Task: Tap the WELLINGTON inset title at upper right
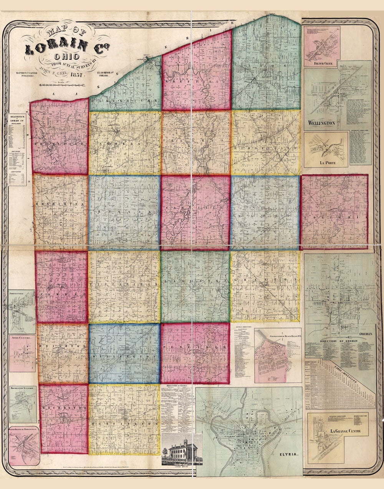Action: pos(321,123)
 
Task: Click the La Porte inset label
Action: pos(325,163)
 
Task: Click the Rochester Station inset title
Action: pos(23,388)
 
